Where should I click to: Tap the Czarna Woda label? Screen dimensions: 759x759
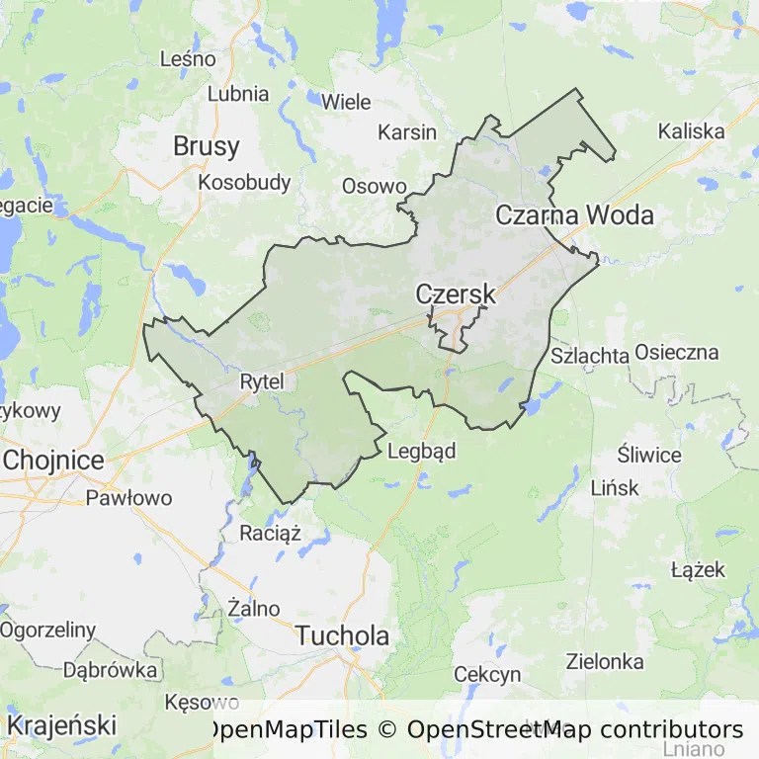(574, 214)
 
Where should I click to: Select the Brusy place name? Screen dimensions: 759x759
(206, 146)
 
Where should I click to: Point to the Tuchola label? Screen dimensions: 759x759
(343, 635)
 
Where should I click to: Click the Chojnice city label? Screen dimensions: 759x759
(53, 460)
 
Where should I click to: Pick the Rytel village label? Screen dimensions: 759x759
(262, 380)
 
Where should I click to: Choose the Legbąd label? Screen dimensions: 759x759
(422, 452)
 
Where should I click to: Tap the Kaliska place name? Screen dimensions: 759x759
(691, 130)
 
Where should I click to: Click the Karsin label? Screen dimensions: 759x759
(407, 132)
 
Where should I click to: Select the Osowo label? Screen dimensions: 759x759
(374, 186)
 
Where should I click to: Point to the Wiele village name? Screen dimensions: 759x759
(346, 102)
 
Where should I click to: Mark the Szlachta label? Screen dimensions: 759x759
(590, 356)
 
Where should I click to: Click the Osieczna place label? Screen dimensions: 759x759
(677, 352)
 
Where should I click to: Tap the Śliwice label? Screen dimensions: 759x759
(649, 455)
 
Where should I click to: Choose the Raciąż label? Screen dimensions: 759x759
(270, 534)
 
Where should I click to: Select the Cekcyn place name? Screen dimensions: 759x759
(487, 674)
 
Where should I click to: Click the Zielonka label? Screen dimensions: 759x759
(605, 661)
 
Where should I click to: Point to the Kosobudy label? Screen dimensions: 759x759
(244, 182)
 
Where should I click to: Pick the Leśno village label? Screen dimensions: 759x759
(188, 59)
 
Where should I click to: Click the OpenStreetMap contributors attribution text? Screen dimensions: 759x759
(575, 730)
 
